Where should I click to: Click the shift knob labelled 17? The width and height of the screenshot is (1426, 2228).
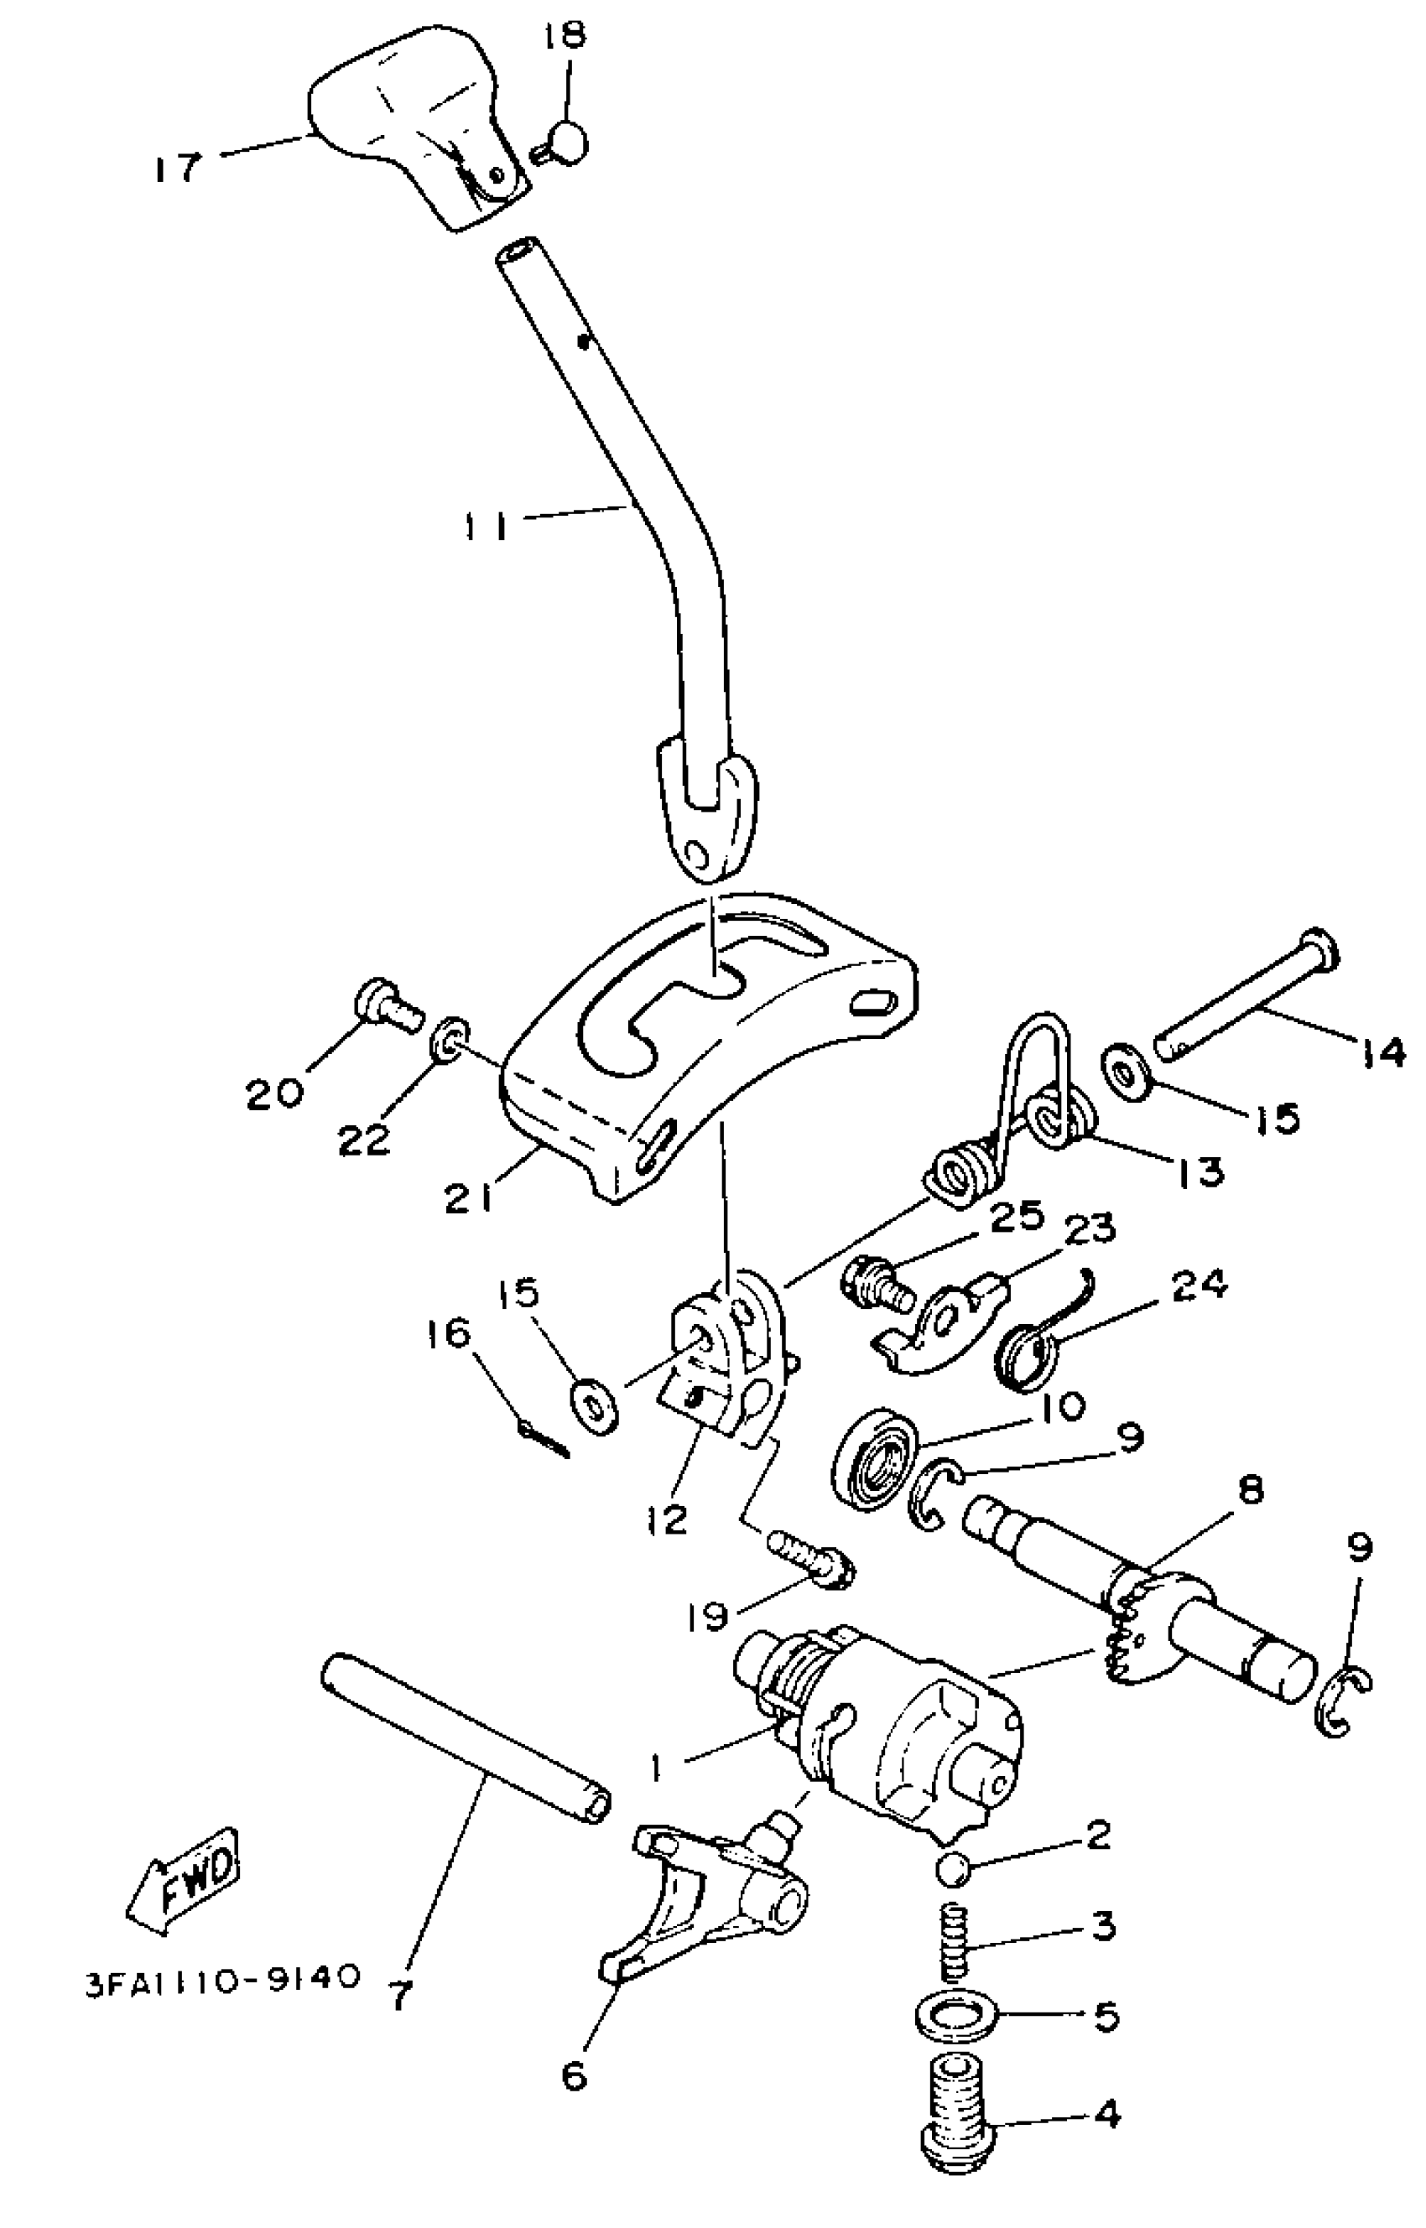click(x=408, y=121)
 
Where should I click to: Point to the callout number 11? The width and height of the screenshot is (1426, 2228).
click(x=487, y=527)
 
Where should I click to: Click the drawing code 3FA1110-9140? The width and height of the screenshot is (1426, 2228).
click(x=221, y=1978)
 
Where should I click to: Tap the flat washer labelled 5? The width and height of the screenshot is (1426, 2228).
click(x=957, y=2015)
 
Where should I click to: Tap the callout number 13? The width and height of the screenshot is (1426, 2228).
click(x=1202, y=1171)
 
